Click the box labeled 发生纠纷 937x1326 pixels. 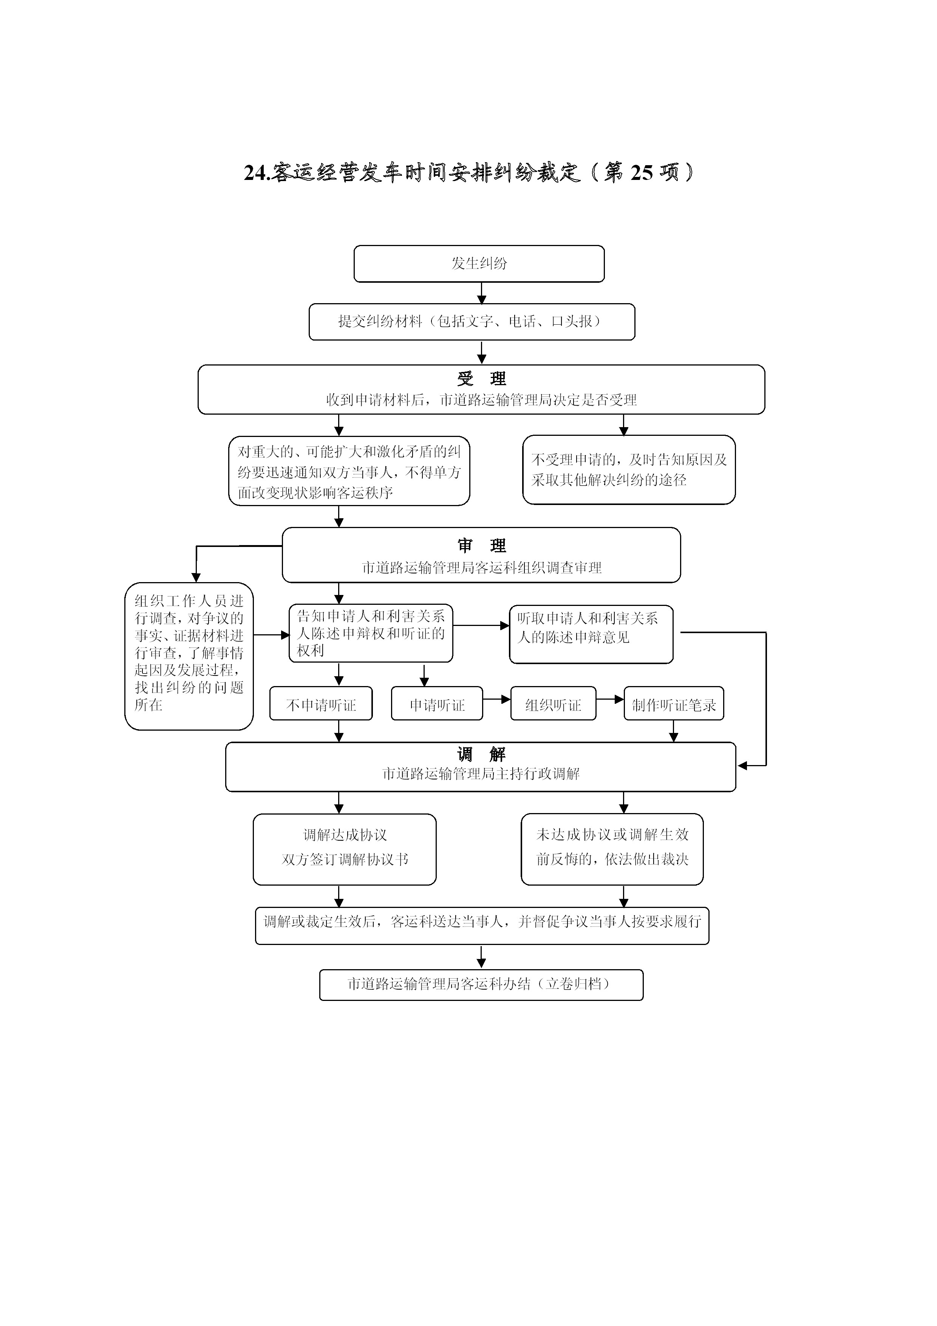tap(479, 263)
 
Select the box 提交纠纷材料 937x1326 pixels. tap(472, 322)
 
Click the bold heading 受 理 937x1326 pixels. tap(481, 379)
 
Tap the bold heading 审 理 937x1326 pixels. tap(481, 546)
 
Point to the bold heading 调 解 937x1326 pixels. tap(481, 754)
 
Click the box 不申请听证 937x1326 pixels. tap(321, 703)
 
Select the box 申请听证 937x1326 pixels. tap(437, 703)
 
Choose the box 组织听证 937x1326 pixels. tap(553, 703)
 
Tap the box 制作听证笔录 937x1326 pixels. tap(674, 703)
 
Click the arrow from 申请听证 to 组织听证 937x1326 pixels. tap(496, 699)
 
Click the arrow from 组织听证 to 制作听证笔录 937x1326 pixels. tap(610, 699)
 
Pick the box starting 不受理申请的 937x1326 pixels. tap(629, 469)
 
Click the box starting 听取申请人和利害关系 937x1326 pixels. tap(591, 634)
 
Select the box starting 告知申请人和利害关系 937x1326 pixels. tap(371, 634)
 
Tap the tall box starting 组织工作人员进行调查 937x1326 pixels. tap(189, 656)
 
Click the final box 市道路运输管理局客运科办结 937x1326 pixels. tap(481, 985)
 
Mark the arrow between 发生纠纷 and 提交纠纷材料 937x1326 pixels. tap(481, 293)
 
